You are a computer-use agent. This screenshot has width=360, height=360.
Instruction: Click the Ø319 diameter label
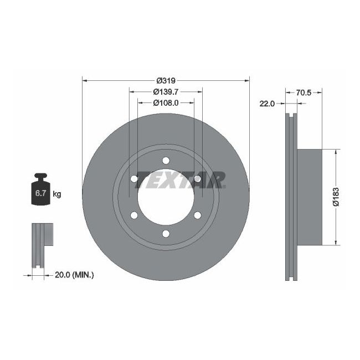(x=166, y=80)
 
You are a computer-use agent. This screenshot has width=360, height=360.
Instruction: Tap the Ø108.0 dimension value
(x=166, y=102)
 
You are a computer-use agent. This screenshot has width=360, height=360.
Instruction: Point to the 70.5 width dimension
(x=303, y=93)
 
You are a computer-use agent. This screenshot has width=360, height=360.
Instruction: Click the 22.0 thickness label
(x=268, y=104)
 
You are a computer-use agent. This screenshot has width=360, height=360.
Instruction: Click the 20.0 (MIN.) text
(x=75, y=274)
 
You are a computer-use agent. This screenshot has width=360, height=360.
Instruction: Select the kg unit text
(x=56, y=194)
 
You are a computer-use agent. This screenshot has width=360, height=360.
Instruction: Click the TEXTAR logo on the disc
(x=181, y=179)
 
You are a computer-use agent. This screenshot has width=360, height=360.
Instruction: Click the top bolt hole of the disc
(x=166, y=161)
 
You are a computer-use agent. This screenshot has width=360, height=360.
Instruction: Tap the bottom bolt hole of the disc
(x=166, y=233)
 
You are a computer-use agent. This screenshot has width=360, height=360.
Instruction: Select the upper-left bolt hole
(x=134, y=179)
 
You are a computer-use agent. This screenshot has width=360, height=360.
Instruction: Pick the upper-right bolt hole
(x=197, y=179)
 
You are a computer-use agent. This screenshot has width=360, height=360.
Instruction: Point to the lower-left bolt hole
(x=134, y=215)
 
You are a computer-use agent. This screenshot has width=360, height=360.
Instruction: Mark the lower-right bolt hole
(x=197, y=215)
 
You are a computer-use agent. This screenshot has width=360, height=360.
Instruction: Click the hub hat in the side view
(x=310, y=197)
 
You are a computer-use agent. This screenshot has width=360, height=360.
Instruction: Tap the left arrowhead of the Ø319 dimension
(x=85, y=80)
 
